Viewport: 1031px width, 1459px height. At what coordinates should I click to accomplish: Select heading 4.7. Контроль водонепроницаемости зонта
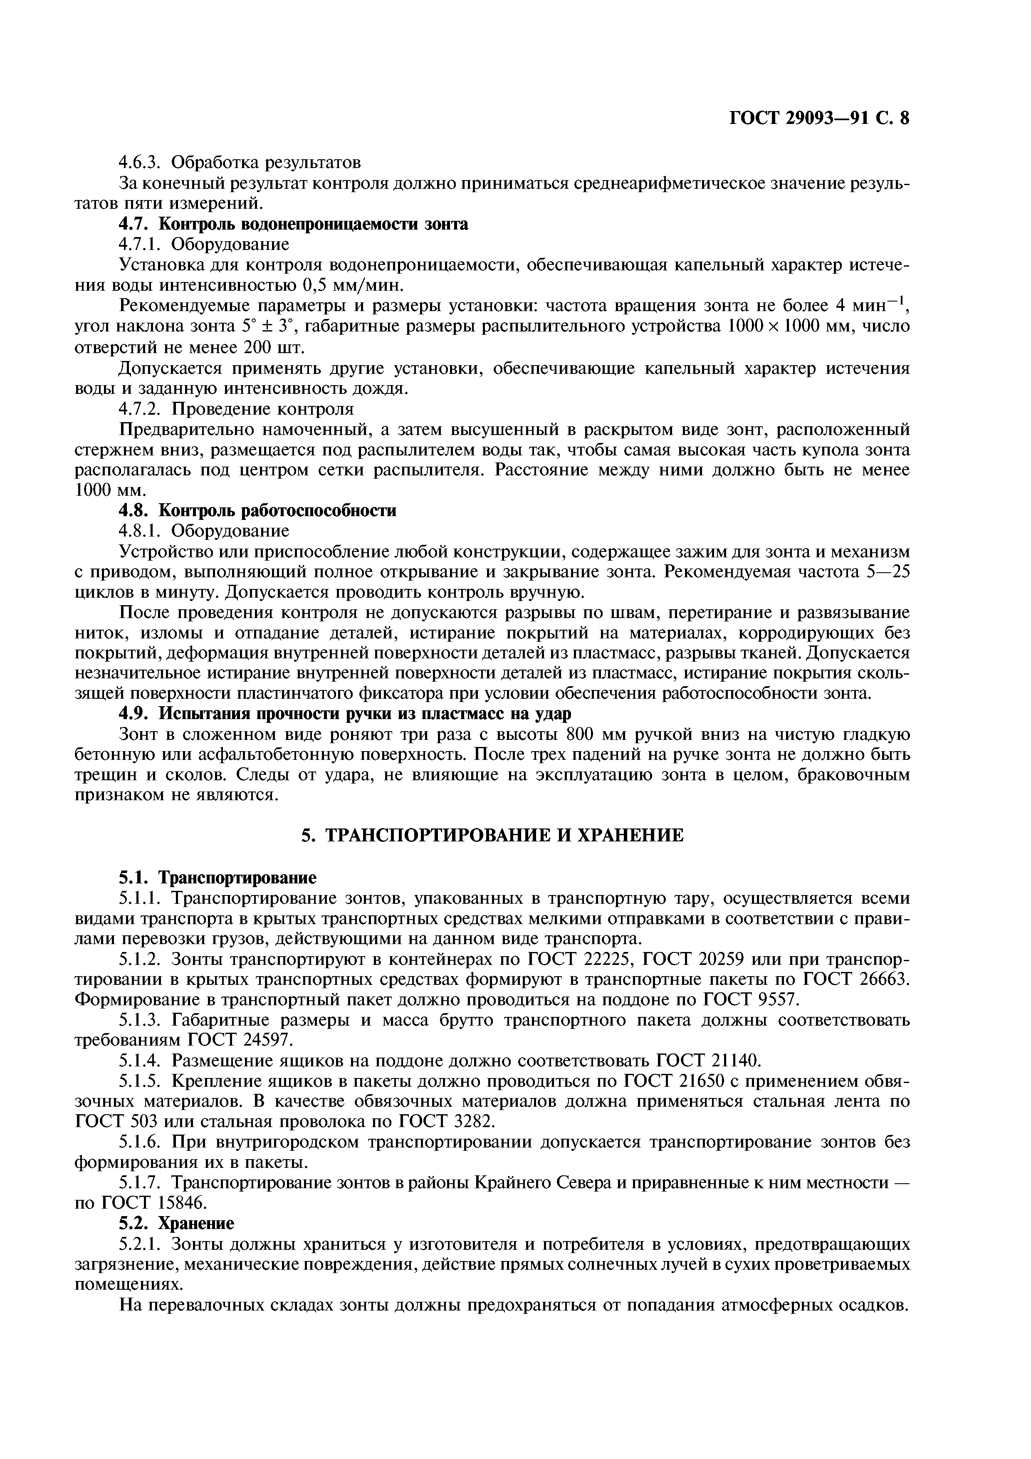(x=294, y=224)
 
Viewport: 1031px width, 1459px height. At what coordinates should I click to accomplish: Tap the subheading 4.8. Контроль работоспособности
(x=258, y=510)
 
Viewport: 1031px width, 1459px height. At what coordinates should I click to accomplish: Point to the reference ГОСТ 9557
(x=751, y=999)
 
